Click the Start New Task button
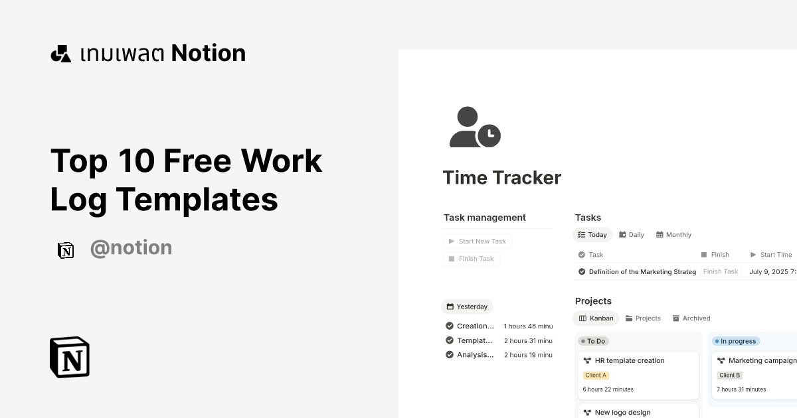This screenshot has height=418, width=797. click(478, 242)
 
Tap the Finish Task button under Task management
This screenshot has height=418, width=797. click(471, 259)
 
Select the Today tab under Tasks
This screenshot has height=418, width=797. click(592, 235)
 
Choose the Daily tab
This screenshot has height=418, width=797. click(632, 235)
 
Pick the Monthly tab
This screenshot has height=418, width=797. click(673, 235)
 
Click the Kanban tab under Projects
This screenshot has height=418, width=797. click(596, 318)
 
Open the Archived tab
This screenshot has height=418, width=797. click(691, 318)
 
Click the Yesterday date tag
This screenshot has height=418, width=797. click(467, 307)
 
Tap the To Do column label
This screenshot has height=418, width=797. click(594, 341)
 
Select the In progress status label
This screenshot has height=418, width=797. click(735, 341)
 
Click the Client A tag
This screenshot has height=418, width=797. click(596, 376)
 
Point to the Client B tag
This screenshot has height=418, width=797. click(729, 376)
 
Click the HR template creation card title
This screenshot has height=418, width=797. click(630, 361)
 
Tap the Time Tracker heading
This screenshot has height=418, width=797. click(501, 178)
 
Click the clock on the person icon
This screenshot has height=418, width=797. click(489, 135)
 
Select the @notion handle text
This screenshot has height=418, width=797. click(131, 248)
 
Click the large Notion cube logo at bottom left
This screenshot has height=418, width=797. click(70, 357)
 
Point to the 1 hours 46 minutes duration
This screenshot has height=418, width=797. click(528, 326)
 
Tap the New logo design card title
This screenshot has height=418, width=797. click(622, 413)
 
